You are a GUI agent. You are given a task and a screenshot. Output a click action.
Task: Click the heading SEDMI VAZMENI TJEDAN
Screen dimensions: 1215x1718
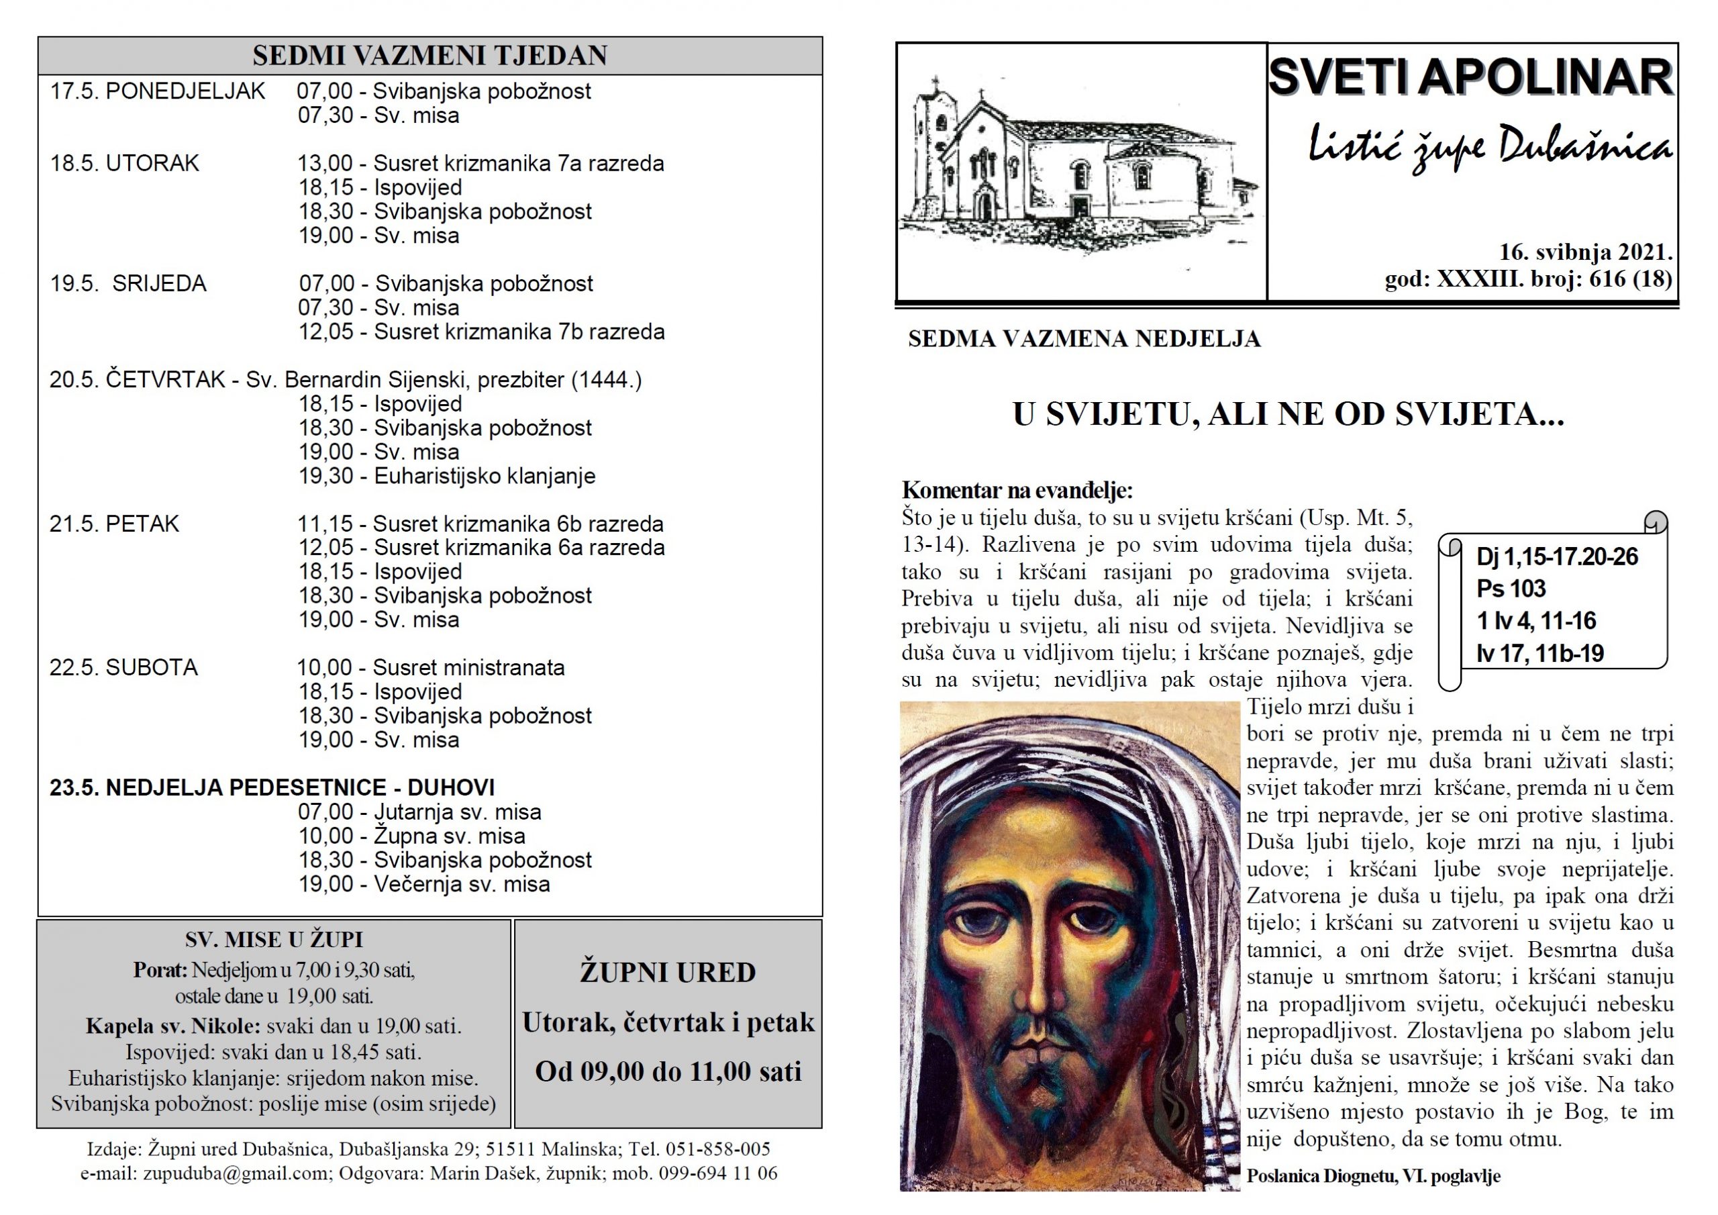click(429, 56)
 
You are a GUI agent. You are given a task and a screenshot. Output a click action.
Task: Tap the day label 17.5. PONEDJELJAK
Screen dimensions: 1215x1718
click(157, 91)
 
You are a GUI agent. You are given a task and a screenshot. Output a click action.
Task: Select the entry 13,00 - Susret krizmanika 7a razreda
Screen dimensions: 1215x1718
click(481, 163)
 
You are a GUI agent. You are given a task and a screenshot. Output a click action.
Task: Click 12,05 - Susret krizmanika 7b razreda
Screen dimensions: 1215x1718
click(481, 332)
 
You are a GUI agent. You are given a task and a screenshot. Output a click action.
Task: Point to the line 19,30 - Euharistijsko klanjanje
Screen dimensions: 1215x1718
click(447, 476)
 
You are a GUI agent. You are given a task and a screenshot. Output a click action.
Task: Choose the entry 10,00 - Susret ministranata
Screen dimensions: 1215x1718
click(431, 668)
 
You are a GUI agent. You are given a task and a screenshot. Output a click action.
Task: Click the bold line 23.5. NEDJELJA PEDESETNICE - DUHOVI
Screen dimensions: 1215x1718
click(272, 787)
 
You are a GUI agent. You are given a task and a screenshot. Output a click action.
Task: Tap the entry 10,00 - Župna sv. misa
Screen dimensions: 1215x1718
click(411, 836)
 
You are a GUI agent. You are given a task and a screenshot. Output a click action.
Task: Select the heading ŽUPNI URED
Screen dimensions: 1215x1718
click(668, 973)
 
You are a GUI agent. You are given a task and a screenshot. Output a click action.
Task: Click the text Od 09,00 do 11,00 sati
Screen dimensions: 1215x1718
click(668, 1072)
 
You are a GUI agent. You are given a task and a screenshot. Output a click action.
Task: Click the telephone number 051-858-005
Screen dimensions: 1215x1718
click(717, 1149)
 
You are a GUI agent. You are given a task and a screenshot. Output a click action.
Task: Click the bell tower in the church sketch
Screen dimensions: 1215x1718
click(931, 142)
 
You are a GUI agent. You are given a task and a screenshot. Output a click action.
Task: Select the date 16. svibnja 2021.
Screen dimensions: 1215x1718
click(1586, 252)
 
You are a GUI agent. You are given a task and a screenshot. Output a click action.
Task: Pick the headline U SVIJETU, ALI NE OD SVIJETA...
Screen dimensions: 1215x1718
click(1288, 415)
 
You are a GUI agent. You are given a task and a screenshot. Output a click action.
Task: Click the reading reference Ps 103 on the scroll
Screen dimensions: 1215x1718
click(1511, 589)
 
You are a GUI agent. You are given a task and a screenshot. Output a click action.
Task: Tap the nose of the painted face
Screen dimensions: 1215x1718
click(1042, 995)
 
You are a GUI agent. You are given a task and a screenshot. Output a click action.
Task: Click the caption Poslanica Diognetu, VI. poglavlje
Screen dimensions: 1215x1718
click(1373, 1176)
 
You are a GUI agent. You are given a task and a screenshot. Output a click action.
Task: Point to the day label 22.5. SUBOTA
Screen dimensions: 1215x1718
click(123, 668)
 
